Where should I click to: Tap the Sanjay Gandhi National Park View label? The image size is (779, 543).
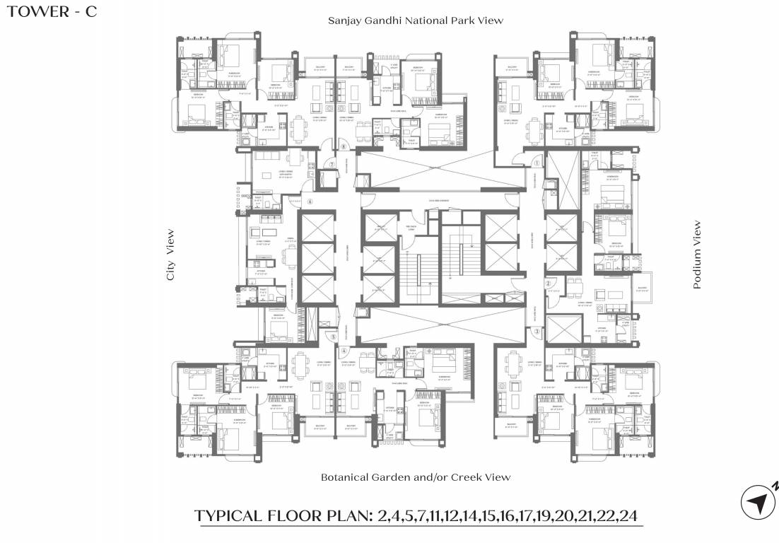pos(415,21)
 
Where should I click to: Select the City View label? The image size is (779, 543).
pos(170,255)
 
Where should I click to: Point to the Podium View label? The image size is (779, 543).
pos(697,255)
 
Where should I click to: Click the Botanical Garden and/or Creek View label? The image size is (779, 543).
pos(415,477)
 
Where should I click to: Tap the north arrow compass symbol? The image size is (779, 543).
pos(757,503)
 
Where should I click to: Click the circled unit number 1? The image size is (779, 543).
pos(537,162)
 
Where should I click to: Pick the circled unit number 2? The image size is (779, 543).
pos(548,284)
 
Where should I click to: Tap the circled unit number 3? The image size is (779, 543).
pos(537,331)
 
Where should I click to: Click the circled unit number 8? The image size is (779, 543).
pos(343,147)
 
